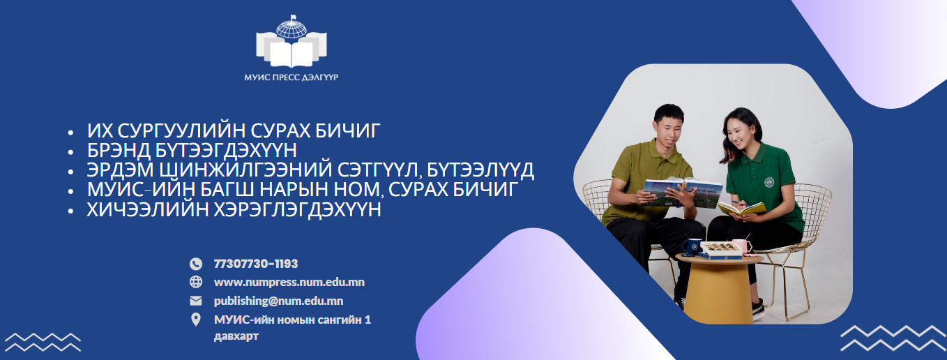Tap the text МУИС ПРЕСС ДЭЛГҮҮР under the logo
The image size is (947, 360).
[x=291, y=77]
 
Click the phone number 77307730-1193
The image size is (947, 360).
[x=256, y=264]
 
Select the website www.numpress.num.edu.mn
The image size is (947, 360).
[x=289, y=282]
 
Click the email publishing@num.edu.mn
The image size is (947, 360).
[x=279, y=301]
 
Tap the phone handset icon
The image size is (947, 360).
[x=196, y=264]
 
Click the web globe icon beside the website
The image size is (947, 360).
[x=196, y=282]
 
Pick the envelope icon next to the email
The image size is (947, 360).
[x=196, y=301]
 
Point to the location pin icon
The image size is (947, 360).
[x=196, y=320]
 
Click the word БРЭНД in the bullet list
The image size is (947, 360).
[x=119, y=150]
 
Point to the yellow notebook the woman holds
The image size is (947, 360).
[x=741, y=208]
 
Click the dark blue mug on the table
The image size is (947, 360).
[x=691, y=246]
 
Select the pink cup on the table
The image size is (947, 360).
[x=741, y=246]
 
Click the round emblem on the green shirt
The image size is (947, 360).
[x=768, y=182]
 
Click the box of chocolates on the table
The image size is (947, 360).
[x=721, y=250]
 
